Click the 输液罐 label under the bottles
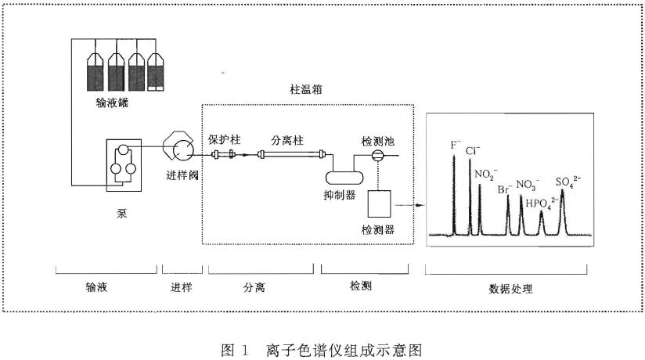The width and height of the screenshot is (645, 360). click(115, 102)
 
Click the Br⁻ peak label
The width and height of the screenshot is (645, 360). click(506, 188)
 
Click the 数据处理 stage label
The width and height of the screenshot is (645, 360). click(510, 288)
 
